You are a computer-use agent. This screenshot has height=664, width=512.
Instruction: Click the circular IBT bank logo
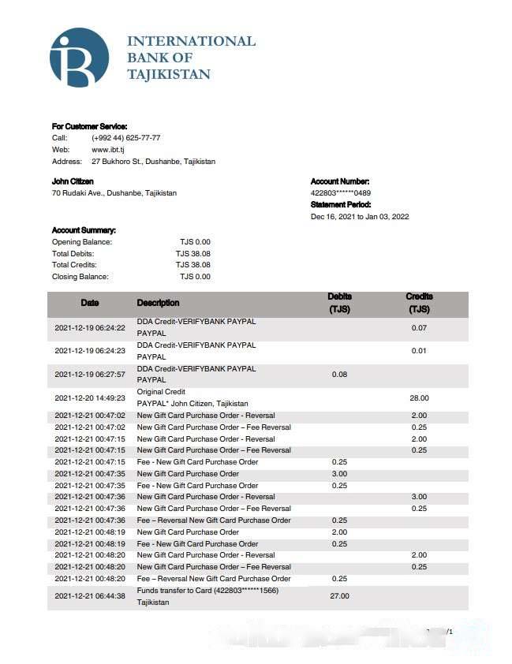pyautogui.click(x=79, y=57)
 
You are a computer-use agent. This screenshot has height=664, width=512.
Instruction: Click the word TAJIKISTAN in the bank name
pyautogui.click(x=169, y=75)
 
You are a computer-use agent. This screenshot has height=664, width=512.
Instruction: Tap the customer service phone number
pyautogui.click(x=126, y=137)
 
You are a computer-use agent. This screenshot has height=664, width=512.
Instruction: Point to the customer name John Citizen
pyautogui.click(x=73, y=181)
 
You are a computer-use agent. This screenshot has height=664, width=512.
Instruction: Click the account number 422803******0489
pyautogui.click(x=341, y=193)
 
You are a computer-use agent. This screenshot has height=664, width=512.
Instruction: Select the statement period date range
pyautogui.click(x=360, y=217)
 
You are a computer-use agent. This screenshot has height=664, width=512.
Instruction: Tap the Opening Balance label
pyautogui.click(x=82, y=241)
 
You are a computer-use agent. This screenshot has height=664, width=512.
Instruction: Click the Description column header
pyautogui.click(x=158, y=303)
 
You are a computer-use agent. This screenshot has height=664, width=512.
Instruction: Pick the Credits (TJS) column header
pyautogui.click(x=419, y=303)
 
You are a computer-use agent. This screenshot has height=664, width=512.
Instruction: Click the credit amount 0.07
pyautogui.click(x=419, y=327)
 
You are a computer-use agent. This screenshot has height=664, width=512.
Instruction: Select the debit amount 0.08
pyautogui.click(x=339, y=375)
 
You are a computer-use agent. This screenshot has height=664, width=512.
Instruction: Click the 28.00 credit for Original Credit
pyautogui.click(x=419, y=398)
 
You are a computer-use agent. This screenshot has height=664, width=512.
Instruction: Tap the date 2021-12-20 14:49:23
pyautogui.click(x=90, y=398)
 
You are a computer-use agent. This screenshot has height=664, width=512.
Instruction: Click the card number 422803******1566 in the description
pyautogui.click(x=245, y=591)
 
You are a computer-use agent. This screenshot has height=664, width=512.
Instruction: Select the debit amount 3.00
pyautogui.click(x=339, y=474)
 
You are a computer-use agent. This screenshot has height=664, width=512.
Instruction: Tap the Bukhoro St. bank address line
pyautogui.click(x=153, y=161)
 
